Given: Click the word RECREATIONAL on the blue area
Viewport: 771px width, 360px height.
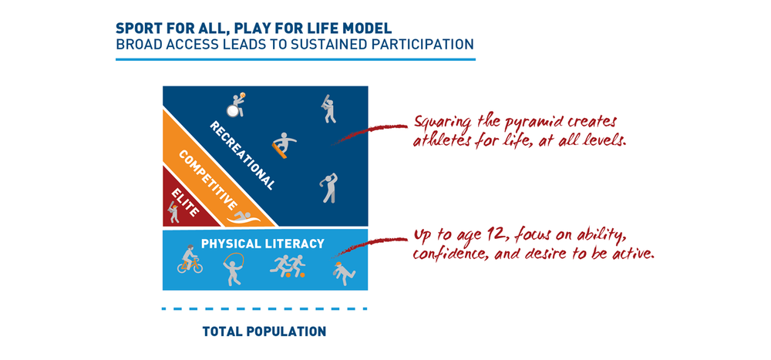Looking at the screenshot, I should (x=242, y=155).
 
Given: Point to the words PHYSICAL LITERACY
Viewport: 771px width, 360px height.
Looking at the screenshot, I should (x=263, y=244).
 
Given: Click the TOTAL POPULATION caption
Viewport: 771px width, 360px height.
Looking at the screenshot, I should (x=264, y=332).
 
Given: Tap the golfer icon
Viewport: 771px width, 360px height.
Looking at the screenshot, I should (x=329, y=187).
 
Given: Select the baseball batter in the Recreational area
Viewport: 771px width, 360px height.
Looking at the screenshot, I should (x=329, y=109).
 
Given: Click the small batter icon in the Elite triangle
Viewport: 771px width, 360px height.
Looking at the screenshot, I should (x=173, y=212).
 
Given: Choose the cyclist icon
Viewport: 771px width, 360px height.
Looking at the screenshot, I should (x=190, y=261).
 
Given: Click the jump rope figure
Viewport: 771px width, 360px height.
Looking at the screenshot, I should (x=231, y=271).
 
